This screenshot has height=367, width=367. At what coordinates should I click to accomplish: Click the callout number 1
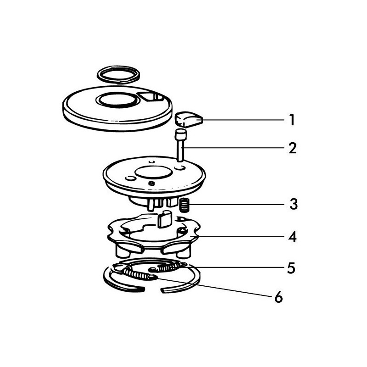coord(291,121)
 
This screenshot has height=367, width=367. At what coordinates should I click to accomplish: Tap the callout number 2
coord(292,148)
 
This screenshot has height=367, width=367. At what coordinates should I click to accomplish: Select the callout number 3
coord(292,204)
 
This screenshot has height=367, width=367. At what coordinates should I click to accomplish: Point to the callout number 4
coord(292,238)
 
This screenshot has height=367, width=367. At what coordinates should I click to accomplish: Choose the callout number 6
coord(278,297)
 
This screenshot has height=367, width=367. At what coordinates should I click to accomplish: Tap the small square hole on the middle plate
coord(151,184)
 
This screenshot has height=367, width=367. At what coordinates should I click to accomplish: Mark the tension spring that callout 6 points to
coord(138,275)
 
